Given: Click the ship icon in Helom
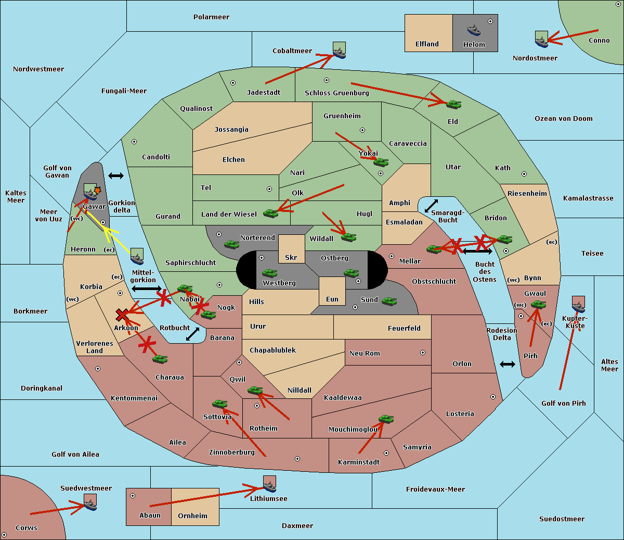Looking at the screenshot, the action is point(474,30).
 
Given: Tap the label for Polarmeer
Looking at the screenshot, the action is point(211,17).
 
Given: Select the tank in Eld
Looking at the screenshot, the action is point(454,105).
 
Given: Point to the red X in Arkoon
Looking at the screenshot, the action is point(122,315).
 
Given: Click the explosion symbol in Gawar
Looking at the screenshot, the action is point(97,191).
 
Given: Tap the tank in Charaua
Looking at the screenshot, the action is point(160,359).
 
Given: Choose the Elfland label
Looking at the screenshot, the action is point(427,44).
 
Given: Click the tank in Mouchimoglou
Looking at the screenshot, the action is point(386,419).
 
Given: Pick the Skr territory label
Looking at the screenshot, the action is point(291,257).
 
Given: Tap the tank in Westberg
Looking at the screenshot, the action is point(269,273).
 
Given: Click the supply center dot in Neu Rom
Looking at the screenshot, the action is point(423,353).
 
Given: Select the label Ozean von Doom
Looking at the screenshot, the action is point(564,119).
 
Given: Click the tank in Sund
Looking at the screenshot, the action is point(389,301).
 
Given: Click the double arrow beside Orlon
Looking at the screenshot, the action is point(508,365).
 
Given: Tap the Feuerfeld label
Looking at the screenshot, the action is point(404,329).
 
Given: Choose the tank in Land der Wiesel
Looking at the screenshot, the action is point(270,214).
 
